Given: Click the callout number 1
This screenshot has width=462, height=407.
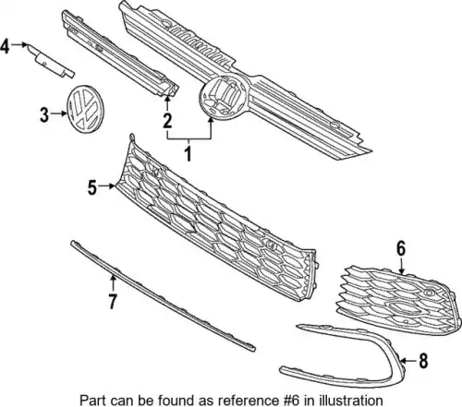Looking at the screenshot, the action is (x=188, y=153).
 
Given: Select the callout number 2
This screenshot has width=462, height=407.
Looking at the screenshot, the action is (x=167, y=120).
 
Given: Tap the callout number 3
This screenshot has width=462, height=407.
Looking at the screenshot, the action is (x=44, y=115).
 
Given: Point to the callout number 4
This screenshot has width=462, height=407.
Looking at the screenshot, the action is (x=6, y=46).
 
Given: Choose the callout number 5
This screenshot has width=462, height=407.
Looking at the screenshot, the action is (x=92, y=187).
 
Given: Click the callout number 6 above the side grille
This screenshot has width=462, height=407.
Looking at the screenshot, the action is (x=401, y=248).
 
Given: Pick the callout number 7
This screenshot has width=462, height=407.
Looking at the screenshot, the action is (x=113, y=301).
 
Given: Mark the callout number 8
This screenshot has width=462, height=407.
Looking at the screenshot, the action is (x=423, y=361).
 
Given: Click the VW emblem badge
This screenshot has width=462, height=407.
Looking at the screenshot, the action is (x=85, y=109).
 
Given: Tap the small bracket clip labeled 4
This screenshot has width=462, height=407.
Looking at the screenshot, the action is (x=51, y=61).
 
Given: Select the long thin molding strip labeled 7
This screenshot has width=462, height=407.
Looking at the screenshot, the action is (x=163, y=295).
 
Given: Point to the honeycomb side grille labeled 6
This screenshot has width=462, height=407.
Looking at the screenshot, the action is (x=400, y=300).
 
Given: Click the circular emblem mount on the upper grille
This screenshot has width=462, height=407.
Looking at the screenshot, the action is (x=224, y=96).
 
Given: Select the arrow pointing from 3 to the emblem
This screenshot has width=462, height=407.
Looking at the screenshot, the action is (x=59, y=114).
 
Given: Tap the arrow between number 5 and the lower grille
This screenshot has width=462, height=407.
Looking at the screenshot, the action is (x=107, y=186).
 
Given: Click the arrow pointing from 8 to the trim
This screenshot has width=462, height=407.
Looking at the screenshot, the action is (x=409, y=360).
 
